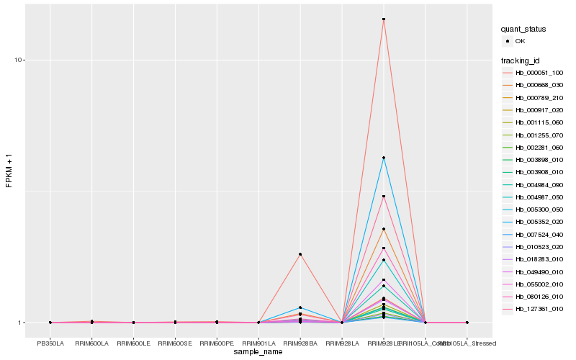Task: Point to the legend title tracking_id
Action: pos(521,60)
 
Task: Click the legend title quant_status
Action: pos(523,29)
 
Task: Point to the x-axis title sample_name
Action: pos(258,352)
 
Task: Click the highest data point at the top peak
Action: pos(384,19)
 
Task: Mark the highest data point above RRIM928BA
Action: pos(300,254)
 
